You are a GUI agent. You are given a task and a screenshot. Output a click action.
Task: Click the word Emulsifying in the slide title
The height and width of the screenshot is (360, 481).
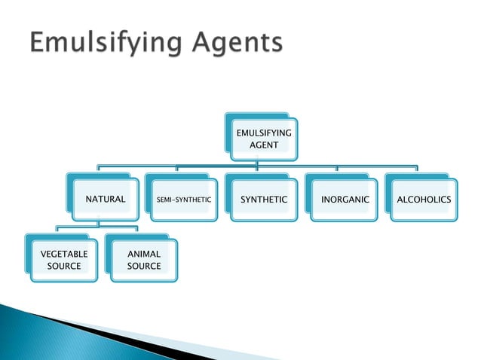106,43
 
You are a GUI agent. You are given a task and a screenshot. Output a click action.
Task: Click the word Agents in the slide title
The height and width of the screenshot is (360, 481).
237,41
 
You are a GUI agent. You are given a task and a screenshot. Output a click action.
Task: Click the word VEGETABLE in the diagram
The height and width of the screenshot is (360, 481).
64,254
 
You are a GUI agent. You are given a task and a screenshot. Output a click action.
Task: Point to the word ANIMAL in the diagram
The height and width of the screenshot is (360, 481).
144,254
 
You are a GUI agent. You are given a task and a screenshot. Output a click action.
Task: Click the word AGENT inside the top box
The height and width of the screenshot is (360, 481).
264,145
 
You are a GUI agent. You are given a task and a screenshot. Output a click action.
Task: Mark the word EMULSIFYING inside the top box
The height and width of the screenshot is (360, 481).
264,133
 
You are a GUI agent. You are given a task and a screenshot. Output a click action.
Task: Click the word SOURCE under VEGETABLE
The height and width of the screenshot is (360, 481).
64,266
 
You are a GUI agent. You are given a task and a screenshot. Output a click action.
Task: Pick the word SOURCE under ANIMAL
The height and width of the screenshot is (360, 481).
144,266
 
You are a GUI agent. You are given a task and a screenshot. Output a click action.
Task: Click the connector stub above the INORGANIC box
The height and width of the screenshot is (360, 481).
337,169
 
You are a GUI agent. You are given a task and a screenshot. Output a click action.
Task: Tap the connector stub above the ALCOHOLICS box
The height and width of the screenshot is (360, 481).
417,168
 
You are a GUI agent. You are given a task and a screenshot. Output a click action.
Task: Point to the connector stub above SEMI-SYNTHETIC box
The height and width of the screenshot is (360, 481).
176,169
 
